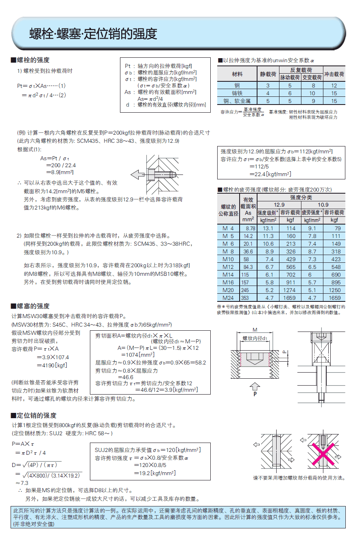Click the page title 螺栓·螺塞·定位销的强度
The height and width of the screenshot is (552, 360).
pos(93,34)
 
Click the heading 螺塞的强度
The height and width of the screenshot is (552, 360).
pos(33,306)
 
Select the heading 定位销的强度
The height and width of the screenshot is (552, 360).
pos(36,415)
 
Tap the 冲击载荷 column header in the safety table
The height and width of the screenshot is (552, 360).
pos(334,74)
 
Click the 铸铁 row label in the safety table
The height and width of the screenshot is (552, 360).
pos(237,93)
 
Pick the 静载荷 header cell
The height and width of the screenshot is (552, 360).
pos(268,74)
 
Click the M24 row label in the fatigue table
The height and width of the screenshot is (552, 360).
pos(228,298)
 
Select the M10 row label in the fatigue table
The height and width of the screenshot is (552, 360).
pos(228,259)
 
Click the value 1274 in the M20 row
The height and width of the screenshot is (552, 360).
pos(290,290)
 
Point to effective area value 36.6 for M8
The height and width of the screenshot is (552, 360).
pos(248,251)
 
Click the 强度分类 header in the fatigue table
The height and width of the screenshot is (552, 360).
pos(301,197)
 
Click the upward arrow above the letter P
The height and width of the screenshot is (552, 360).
pos(255,386)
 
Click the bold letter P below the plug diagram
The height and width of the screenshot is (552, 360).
pos(255,394)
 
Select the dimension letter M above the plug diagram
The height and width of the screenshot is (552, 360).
pos(255,330)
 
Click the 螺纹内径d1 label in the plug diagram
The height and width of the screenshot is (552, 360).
pos(255,338)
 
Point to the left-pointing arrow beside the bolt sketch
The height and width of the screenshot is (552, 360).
pos(137,175)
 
